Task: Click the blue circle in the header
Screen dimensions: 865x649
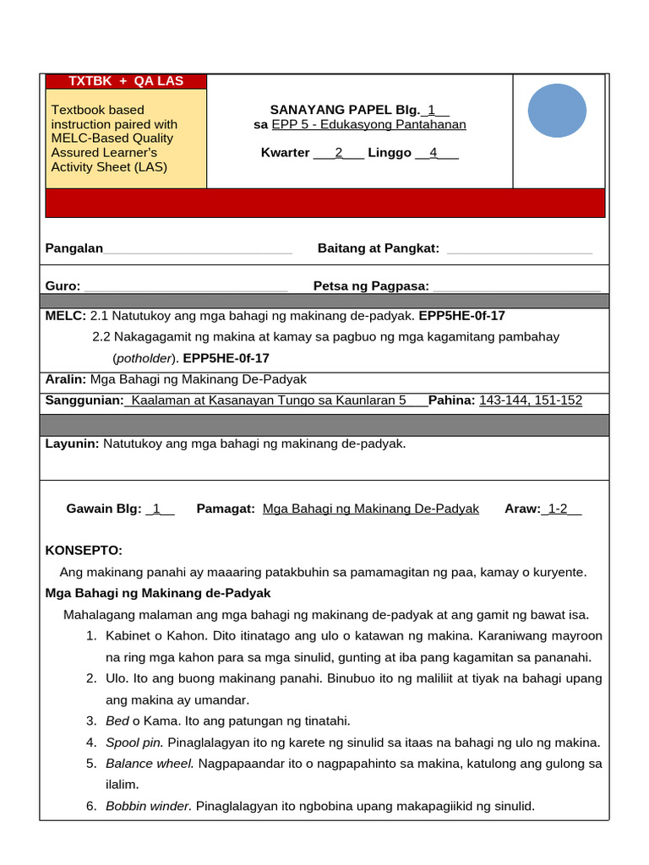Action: (x=557, y=108)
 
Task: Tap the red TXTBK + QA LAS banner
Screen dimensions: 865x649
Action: (x=125, y=81)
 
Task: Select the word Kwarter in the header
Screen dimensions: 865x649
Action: (x=285, y=153)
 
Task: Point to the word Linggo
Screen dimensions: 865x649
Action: (x=390, y=153)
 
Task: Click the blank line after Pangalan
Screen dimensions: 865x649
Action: (x=198, y=249)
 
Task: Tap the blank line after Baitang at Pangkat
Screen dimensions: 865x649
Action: (x=519, y=249)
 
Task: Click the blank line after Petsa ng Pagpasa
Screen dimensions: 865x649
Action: (x=516, y=287)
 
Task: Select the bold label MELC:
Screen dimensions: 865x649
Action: (x=66, y=315)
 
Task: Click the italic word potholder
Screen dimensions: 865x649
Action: (x=145, y=357)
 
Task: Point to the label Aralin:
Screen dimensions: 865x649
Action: (x=66, y=379)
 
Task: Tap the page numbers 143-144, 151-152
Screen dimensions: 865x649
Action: (x=531, y=400)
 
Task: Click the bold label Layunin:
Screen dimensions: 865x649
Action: (x=72, y=443)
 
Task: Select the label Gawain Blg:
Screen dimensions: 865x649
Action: (x=104, y=509)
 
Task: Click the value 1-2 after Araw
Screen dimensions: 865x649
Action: (x=558, y=509)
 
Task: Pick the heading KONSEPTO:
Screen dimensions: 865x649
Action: (x=84, y=550)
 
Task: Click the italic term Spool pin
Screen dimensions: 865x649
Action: (x=135, y=743)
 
